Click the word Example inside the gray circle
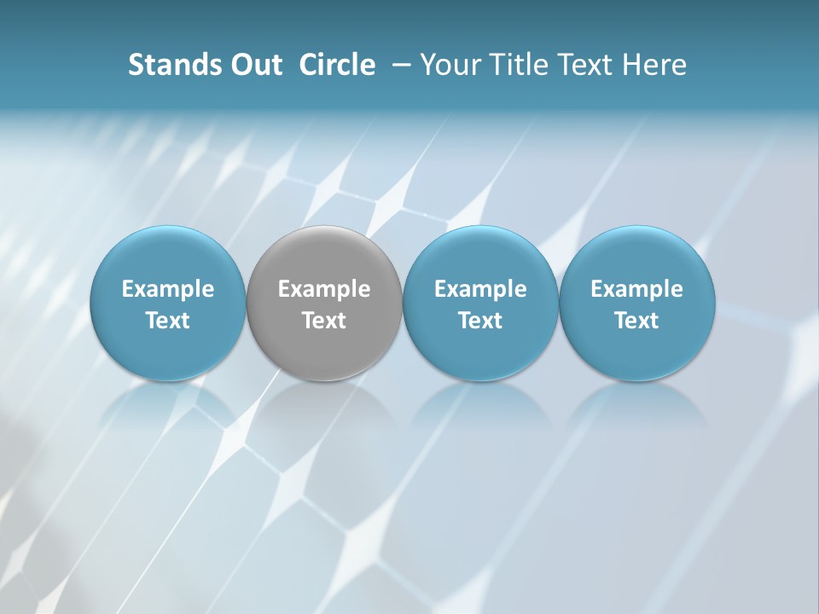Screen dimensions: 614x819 tap(324, 289)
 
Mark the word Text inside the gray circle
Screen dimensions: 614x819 tap(324, 321)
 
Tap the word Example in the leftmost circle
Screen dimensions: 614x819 tap(168, 289)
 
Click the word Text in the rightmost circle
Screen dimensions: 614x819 tap(636, 321)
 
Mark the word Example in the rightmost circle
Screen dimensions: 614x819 tap(636, 289)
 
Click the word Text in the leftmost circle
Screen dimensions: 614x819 tap(168, 321)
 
